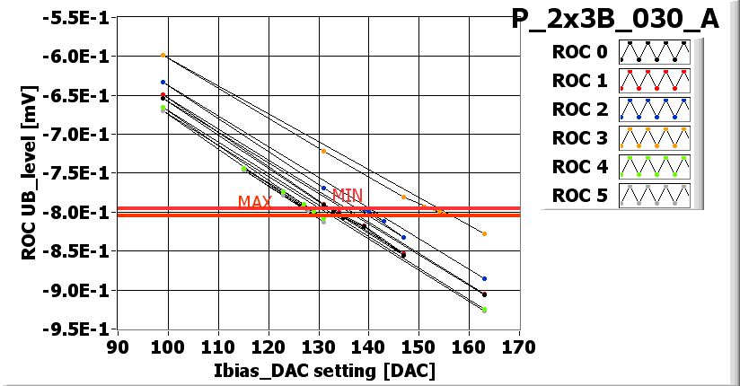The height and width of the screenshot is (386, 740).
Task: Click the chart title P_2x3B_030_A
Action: pyautogui.click(x=615, y=20)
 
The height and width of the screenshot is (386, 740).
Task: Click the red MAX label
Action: pyautogui.click(x=255, y=202)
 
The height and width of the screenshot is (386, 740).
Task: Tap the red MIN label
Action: pyautogui.click(x=347, y=194)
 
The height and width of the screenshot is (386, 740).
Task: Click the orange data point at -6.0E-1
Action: pyautogui.click(x=163, y=55)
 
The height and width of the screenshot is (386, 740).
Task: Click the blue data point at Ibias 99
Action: pyautogui.click(x=163, y=82)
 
